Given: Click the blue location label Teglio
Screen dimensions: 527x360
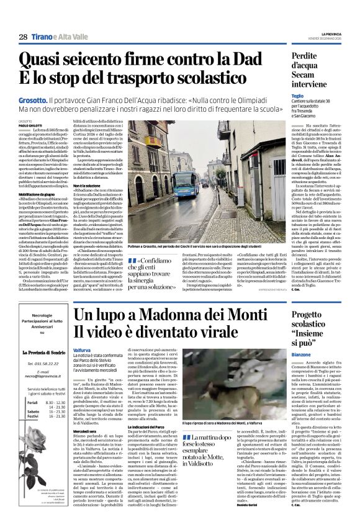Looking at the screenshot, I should (297, 96).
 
